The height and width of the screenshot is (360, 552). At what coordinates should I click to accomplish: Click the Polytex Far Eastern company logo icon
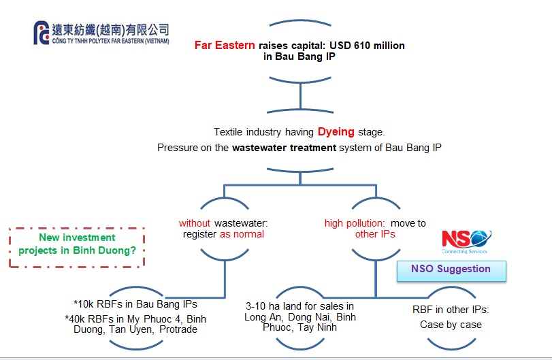pyautogui.click(x=41, y=33)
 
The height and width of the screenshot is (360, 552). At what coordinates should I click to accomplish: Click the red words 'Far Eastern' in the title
pyautogui.click(x=225, y=46)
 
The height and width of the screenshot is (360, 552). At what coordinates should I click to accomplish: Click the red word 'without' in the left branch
pyautogui.click(x=195, y=223)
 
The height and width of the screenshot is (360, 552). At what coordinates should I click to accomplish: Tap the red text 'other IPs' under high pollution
pyautogui.click(x=375, y=234)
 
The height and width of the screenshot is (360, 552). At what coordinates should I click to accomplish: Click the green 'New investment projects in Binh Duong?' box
pyautogui.click(x=76, y=244)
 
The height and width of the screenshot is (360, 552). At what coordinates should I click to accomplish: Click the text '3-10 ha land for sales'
pyautogui.click(x=299, y=306)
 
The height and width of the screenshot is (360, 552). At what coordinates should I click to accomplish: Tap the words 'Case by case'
pyautogui.click(x=451, y=325)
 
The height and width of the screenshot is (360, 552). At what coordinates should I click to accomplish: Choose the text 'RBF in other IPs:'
pyautogui.click(x=451, y=309)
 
